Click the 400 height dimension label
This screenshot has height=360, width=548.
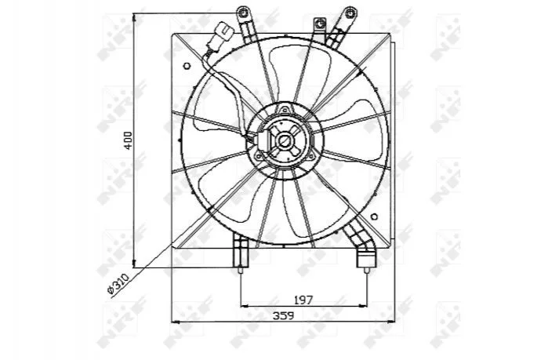click(x=129, y=140)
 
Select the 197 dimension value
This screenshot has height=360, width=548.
click(x=303, y=300)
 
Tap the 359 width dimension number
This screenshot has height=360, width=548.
click(x=284, y=315)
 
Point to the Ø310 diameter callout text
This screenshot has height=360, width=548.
click(x=118, y=285)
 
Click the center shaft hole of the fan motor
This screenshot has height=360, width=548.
click(x=284, y=141)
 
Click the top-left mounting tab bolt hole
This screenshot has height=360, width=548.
click(x=242, y=13)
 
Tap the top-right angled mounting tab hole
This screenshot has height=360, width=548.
click(x=350, y=13)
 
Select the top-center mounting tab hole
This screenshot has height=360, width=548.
click(x=319, y=23)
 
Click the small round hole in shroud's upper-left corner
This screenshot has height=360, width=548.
click(x=187, y=66)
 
